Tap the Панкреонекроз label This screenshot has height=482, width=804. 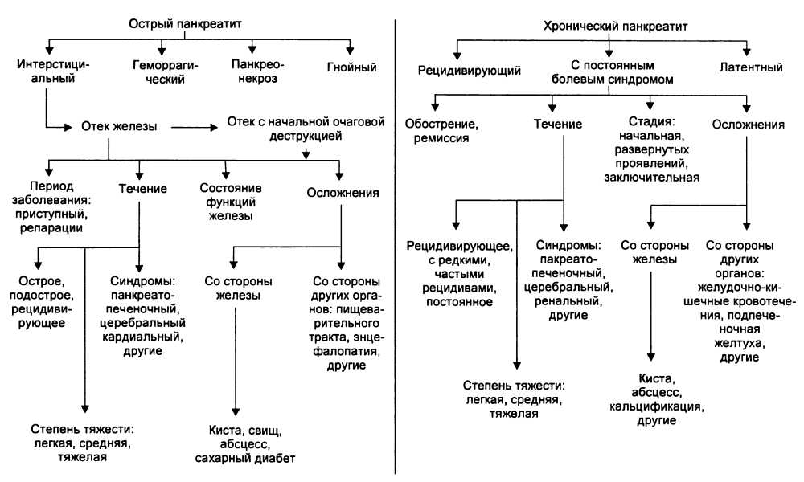click(256, 72)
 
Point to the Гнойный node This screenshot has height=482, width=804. click(351, 67)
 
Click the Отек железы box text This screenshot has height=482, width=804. click(118, 125)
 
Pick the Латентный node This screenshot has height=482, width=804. click(751, 67)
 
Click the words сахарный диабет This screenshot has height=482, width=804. click(245, 459)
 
